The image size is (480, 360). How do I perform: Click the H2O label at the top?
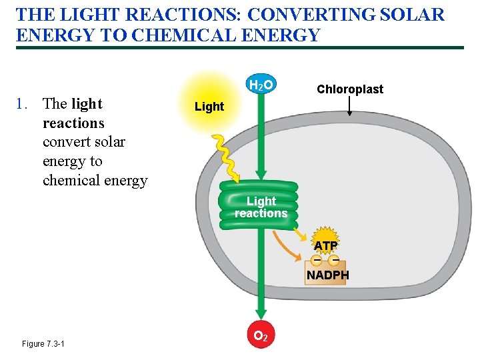(261, 85)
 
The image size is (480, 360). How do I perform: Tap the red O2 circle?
(261, 336)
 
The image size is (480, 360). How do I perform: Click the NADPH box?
(326, 274)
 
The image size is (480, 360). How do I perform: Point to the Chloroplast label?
(350, 89)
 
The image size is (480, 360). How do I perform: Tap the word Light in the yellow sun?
(209, 107)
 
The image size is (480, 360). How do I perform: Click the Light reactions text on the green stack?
(261, 207)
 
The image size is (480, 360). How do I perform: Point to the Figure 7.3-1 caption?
(43, 343)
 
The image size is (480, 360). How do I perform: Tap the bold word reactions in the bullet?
(73, 123)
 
